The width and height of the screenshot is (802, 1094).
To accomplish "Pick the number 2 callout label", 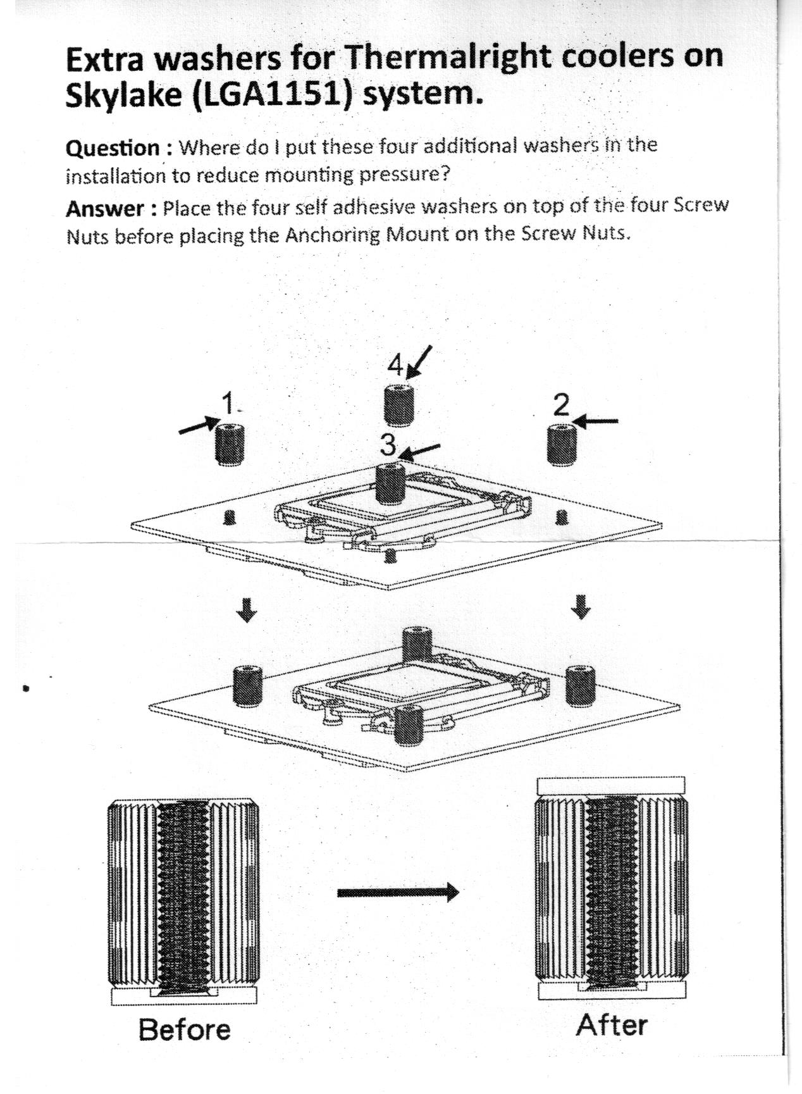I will (x=561, y=404).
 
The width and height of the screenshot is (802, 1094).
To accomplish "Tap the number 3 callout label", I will (x=388, y=445).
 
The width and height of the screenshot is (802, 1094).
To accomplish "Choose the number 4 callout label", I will (x=395, y=364).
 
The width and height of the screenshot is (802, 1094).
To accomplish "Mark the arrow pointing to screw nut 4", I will (x=421, y=361).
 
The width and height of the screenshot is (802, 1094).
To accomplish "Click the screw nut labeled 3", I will (x=390, y=484).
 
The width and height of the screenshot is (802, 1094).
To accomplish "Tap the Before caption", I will (x=185, y=1029).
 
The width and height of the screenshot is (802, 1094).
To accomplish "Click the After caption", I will (x=612, y=1026).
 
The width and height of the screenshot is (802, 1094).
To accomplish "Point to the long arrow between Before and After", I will (x=397, y=893).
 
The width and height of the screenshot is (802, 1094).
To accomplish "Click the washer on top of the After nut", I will (x=611, y=785).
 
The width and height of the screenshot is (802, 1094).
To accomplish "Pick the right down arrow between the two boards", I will (x=581, y=606).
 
